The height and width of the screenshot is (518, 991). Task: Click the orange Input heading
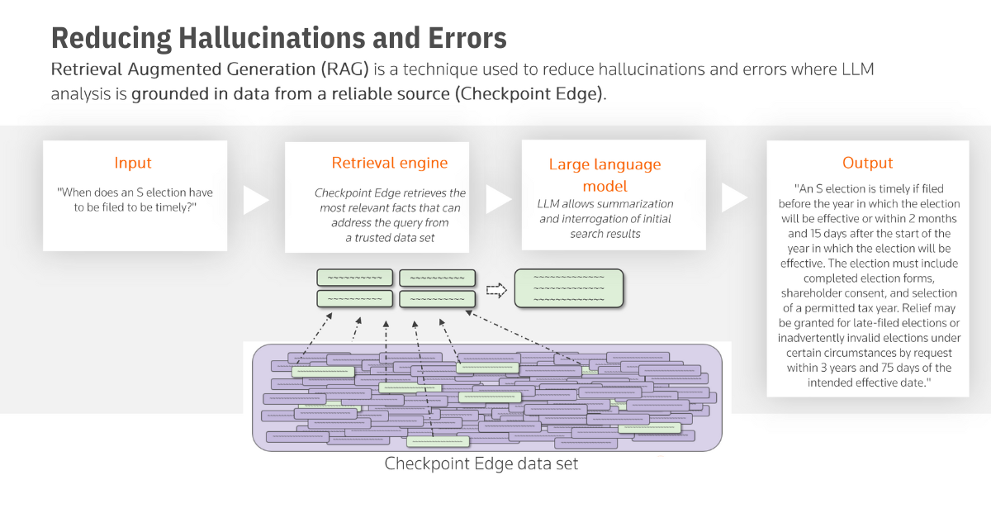click(x=133, y=163)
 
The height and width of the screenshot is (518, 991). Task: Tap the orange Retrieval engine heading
click(x=378, y=163)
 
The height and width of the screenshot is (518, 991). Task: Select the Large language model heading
click(x=605, y=174)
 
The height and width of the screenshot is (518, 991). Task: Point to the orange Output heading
click(x=868, y=163)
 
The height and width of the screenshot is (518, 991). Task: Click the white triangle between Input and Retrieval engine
click(x=256, y=198)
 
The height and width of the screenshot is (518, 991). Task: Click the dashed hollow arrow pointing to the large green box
click(x=495, y=289)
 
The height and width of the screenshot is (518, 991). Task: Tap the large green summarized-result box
click(x=568, y=288)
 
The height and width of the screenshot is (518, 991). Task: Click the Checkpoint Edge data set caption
click(x=481, y=463)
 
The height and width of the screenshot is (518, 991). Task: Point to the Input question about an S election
click(x=135, y=199)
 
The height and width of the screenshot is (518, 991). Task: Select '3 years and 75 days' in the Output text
click(x=862, y=368)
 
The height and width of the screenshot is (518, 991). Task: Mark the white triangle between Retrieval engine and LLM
click(x=498, y=198)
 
